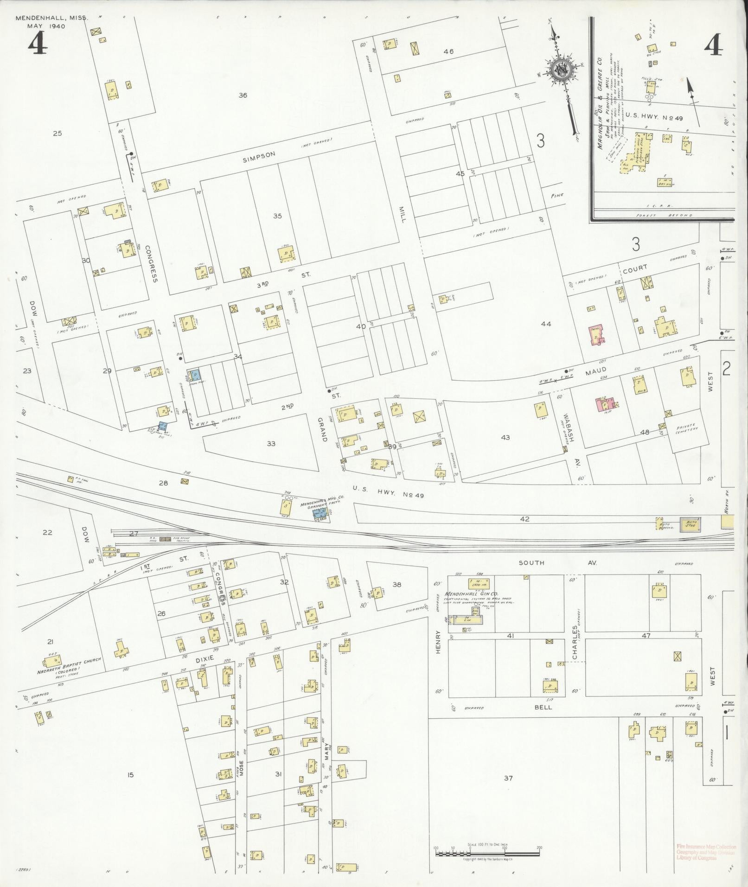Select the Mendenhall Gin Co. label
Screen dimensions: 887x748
[x=465, y=594]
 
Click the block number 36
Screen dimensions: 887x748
[x=243, y=96]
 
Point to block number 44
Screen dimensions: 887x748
[x=546, y=324]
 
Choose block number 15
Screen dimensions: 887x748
[x=130, y=774]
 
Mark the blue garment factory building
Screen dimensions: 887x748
[x=320, y=513]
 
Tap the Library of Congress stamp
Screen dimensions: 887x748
[x=705, y=852]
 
